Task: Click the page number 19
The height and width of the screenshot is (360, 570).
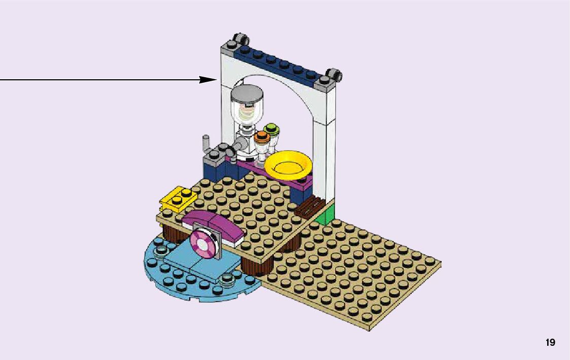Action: coord(550,343)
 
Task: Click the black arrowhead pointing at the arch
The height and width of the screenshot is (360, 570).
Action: coord(209,80)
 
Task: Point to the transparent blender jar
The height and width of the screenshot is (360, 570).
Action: coord(247,112)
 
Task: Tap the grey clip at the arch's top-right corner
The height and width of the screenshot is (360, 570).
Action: coord(333,75)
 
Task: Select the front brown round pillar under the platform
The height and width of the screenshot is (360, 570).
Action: coord(257,264)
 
